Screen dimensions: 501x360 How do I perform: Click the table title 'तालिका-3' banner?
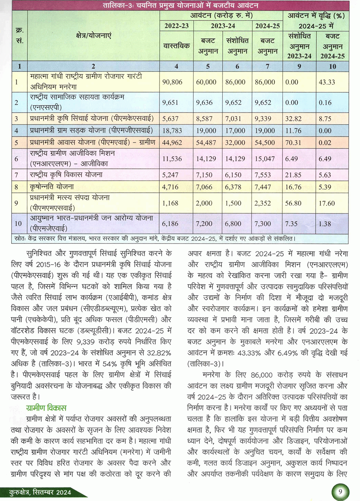(180, 5)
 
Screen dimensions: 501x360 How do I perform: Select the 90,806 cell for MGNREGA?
(172, 82)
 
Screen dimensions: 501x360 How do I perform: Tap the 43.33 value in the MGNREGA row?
(327, 82)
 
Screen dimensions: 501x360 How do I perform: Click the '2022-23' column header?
(176, 26)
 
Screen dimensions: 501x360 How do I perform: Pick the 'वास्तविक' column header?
(176, 46)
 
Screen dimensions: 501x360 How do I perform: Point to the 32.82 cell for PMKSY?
(293, 118)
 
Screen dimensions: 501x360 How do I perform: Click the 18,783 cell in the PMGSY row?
(172, 131)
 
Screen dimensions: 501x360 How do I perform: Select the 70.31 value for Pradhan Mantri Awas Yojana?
(293, 143)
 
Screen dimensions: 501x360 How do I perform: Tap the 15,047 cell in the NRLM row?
(265, 158)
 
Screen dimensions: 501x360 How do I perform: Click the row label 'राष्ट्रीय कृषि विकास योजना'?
(66, 175)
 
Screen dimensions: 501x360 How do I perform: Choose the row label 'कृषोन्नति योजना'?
(52, 187)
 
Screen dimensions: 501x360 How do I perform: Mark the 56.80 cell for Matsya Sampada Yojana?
(293, 203)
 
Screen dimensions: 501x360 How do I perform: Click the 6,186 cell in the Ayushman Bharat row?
(170, 224)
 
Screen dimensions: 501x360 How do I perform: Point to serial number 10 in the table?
(18, 224)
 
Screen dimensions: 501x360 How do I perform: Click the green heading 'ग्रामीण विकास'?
(46, 408)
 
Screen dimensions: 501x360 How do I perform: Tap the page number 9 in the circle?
(340, 492)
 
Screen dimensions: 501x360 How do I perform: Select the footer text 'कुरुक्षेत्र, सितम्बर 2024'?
(40, 492)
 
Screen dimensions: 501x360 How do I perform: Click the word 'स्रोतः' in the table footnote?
(18, 239)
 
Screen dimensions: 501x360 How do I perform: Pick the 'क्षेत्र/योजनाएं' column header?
(94, 35)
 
